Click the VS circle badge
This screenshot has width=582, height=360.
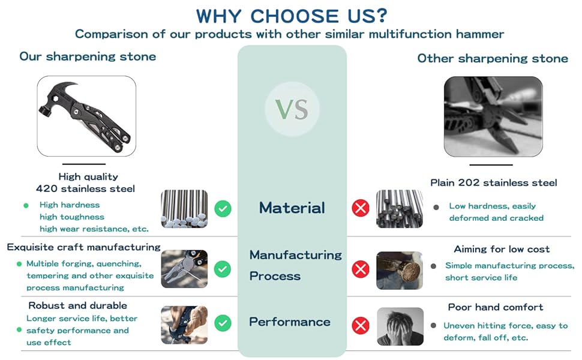[292, 109]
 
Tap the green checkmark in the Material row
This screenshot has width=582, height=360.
[223, 209]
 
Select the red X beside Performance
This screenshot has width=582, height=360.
[361, 326]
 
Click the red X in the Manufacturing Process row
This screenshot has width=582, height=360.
[361, 269]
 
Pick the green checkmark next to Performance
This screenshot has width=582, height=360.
[223, 323]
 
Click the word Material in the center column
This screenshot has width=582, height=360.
[292, 208]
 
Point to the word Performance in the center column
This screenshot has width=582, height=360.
[290, 322]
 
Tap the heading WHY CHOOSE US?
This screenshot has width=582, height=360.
[292, 16]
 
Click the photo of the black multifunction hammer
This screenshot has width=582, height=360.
[86, 116]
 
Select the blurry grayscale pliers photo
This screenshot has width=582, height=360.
[493, 116]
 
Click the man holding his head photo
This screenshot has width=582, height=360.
[400, 326]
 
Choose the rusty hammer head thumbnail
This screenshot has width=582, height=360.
[400, 270]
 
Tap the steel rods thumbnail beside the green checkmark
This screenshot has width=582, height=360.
[184, 209]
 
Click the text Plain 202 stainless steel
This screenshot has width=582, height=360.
[494, 182]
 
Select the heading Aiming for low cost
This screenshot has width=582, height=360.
[502, 249]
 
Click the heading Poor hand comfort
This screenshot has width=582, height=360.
[496, 307]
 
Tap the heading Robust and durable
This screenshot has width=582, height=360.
[77, 305]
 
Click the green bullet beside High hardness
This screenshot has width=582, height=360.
[26, 205]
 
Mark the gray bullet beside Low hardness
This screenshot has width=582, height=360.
[436, 207]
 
